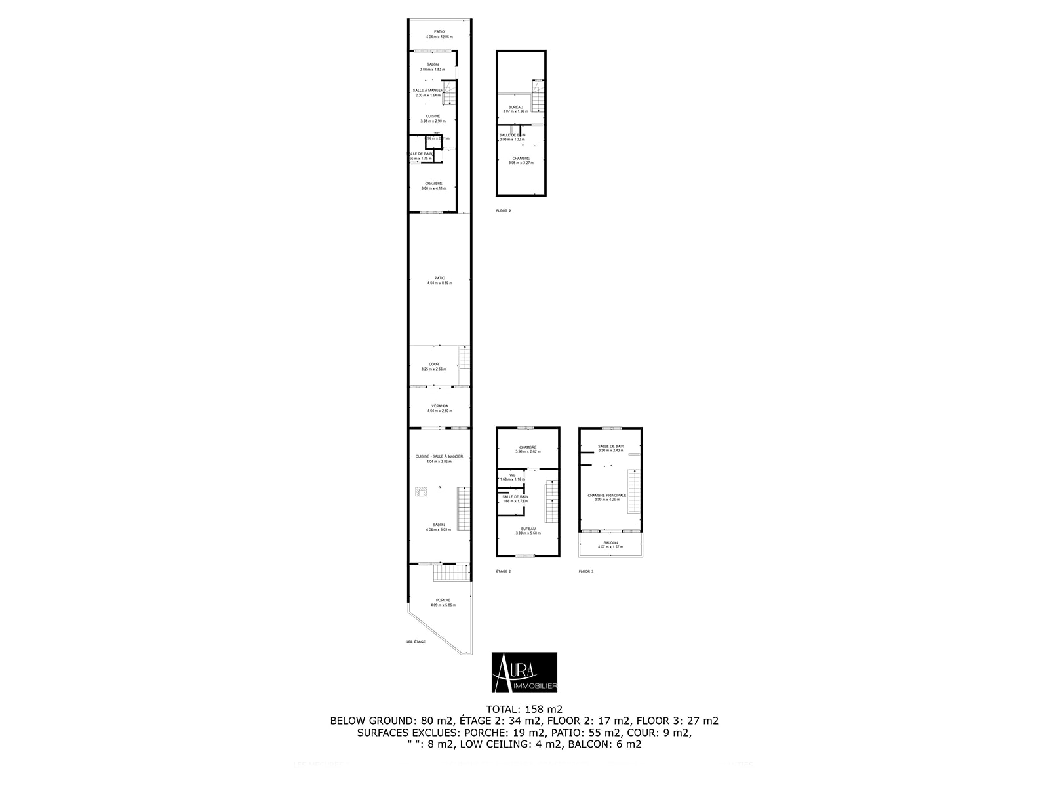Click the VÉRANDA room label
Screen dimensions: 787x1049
pyautogui.click(x=439, y=406)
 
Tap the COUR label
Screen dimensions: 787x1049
pyautogui.click(x=434, y=364)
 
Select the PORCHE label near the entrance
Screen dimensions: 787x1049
pyautogui.click(x=443, y=600)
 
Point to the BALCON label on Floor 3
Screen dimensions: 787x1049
pyautogui.click(x=610, y=543)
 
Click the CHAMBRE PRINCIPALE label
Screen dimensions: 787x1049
pyautogui.click(x=606, y=496)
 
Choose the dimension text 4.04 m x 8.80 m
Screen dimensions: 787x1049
pyautogui.click(x=439, y=283)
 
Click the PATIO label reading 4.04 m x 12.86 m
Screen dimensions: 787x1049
pyautogui.click(x=439, y=31)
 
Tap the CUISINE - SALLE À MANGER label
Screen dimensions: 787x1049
pyautogui.click(x=439, y=456)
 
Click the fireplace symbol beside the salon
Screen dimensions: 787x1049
pyautogui.click(x=421, y=491)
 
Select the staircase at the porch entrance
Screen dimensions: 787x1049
pyautogui.click(x=451, y=573)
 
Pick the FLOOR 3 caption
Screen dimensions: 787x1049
pyautogui.click(x=585, y=571)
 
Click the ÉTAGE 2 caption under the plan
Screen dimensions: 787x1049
pyautogui.click(x=504, y=571)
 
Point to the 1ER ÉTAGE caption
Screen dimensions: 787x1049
pyautogui.click(x=416, y=641)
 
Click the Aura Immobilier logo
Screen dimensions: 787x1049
pyautogui.click(x=524, y=672)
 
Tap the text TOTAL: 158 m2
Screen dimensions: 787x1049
pyautogui.click(x=524, y=709)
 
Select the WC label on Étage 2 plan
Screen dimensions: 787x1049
pyautogui.click(x=512, y=475)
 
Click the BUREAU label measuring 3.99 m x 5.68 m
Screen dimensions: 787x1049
pyautogui.click(x=528, y=529)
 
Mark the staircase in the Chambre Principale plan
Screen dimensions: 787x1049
pyautogui.click(x=633, y=492)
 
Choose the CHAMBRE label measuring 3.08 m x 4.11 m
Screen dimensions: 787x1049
pyautogui.click(x=433, y=184)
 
